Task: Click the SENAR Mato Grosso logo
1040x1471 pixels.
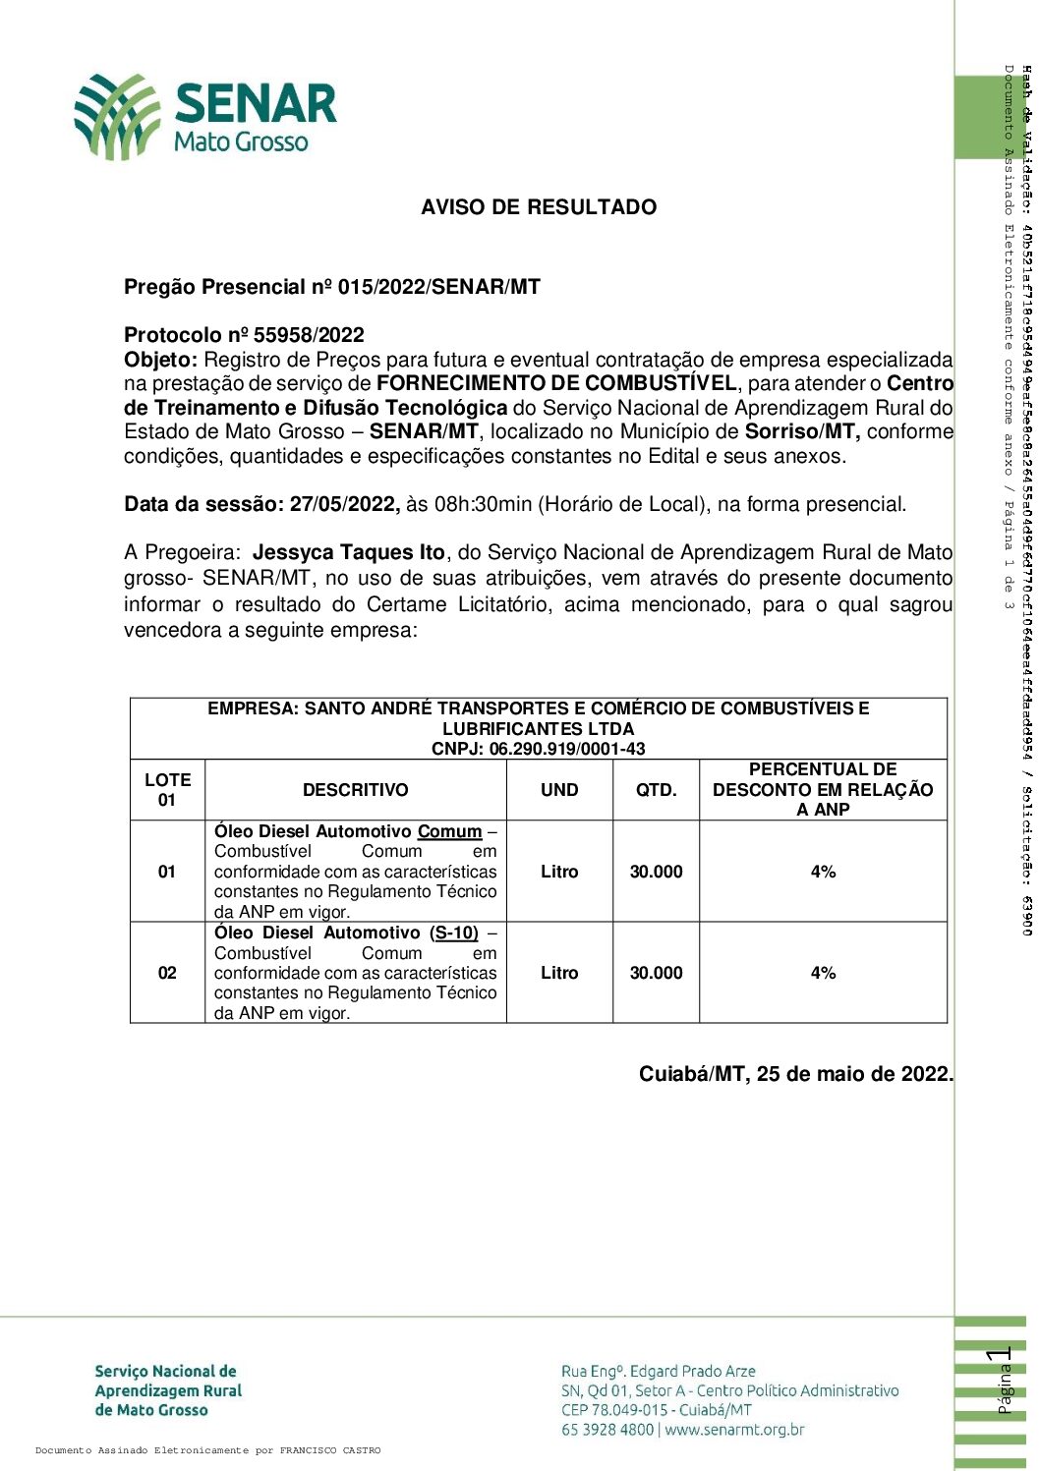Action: coord(205,116)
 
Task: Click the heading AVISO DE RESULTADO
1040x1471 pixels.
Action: coord(539,207)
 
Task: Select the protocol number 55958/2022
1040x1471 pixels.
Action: coord(309,335)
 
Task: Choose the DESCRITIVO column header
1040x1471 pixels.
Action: coord(355,790)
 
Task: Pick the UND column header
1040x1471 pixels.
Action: coord(559,790)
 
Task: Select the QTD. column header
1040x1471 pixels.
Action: coord(656,790)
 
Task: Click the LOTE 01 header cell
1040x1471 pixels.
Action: coord(167,790)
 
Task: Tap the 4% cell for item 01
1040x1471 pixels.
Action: coord(823,872)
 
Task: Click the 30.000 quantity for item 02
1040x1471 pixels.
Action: coord(656,973)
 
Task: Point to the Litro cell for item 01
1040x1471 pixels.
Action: coord(559,872)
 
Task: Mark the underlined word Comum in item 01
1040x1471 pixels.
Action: coord(449,805)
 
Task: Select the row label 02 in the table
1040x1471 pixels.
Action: coord(167,973)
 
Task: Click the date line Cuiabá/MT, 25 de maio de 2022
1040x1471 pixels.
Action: coord(795,1074)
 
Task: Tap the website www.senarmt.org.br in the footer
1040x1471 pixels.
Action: coord(734,1430)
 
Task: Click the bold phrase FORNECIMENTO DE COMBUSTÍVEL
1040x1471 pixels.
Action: coord(555,383)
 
